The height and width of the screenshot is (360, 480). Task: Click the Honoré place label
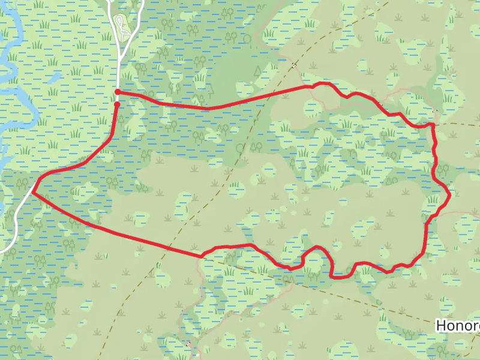[x=458, y=325]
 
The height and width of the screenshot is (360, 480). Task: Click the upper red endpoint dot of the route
[x=118, y=92]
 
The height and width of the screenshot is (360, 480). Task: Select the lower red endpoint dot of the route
[x=117, y=104]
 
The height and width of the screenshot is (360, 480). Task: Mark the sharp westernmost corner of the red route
[x=32, y=192]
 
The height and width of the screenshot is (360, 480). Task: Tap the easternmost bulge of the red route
[x=449, y=193]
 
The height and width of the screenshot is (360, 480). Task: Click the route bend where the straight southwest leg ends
[x=202, y=256]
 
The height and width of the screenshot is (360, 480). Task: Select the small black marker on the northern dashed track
[x=294, y=64]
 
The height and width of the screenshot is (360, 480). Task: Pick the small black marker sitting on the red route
[x=380, y=104]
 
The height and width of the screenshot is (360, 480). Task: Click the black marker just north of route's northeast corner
[x=435, y=111]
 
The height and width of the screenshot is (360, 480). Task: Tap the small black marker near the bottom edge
[x=188, y=344]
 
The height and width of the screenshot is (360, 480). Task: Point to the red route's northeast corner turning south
[x=431, y=125]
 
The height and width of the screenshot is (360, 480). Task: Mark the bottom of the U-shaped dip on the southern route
[x=340, y=277]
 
